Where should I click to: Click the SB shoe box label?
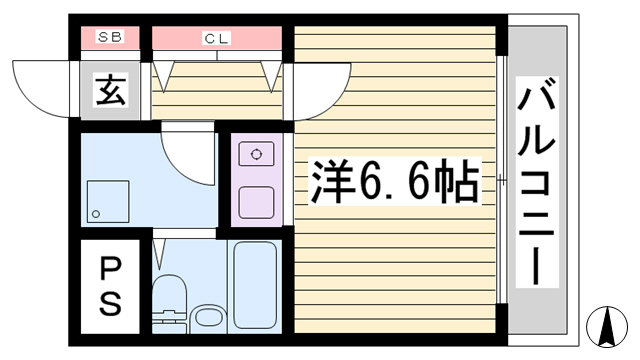110,37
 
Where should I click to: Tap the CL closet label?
216,38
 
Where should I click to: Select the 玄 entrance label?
110,89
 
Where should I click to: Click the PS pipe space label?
110,287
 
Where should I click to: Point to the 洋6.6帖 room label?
394,181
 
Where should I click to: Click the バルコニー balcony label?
537,182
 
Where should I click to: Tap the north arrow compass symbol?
607,327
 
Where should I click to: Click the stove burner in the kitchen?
256,154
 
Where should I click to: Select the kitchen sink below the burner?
256,202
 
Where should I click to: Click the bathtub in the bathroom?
255,285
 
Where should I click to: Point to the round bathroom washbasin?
207,319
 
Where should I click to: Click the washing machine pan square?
108,202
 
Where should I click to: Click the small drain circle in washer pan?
96,214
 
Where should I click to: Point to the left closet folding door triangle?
163,76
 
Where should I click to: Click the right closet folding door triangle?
271,76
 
